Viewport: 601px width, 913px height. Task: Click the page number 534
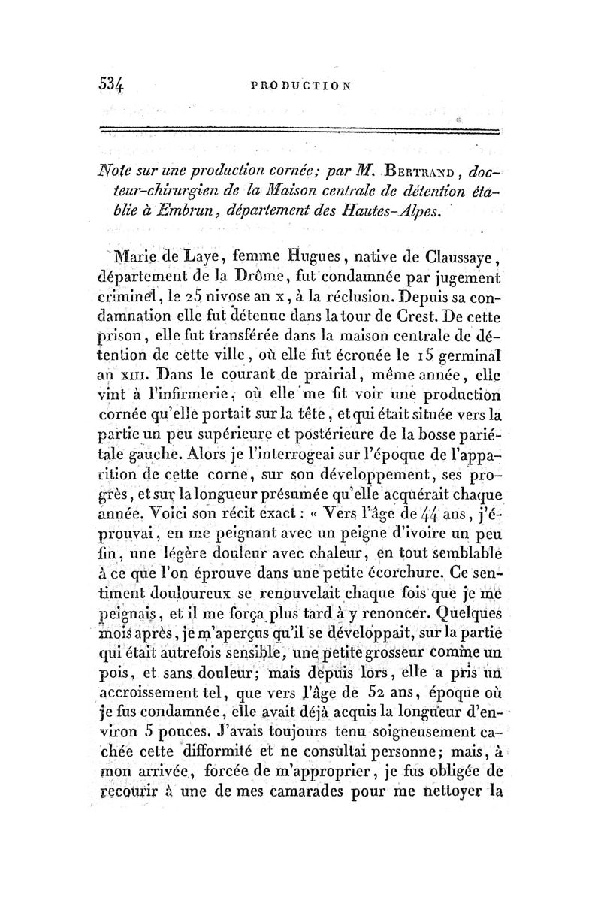pyautogui.click(x=116, y=83)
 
